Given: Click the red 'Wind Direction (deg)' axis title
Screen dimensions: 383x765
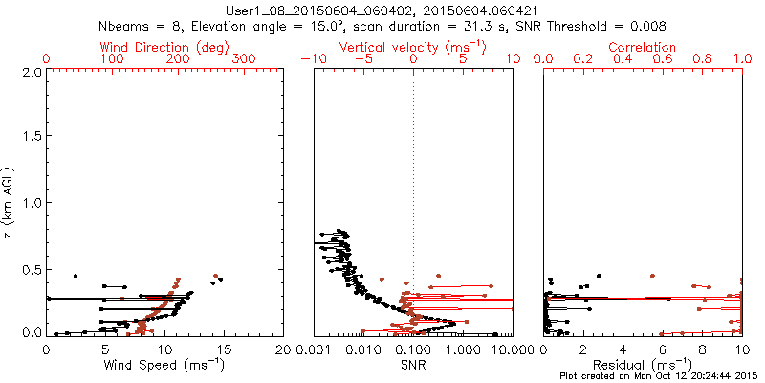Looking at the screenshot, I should [x=164, y=47].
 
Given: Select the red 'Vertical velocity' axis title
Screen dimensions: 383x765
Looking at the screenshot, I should [x=412, y=47].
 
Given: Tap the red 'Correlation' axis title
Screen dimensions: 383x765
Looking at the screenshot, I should [x=643, y=47].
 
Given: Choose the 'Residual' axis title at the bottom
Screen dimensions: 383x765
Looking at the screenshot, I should [x=643, y=364].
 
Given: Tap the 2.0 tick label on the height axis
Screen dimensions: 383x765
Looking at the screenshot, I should [x=31, y=72].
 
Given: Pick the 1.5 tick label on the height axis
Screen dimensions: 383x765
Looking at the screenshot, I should [x=31, y=137].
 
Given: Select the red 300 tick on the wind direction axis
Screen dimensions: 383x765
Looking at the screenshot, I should [x=244, y=59].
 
